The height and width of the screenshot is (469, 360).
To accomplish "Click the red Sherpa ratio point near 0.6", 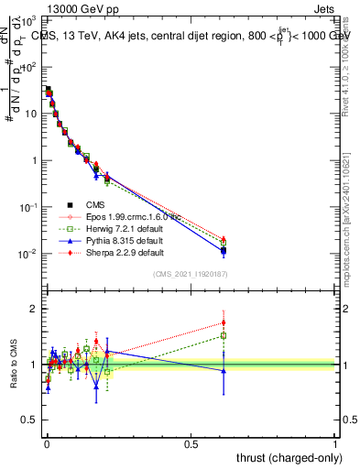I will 224,322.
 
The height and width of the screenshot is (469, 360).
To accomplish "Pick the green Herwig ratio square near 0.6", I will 224,336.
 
